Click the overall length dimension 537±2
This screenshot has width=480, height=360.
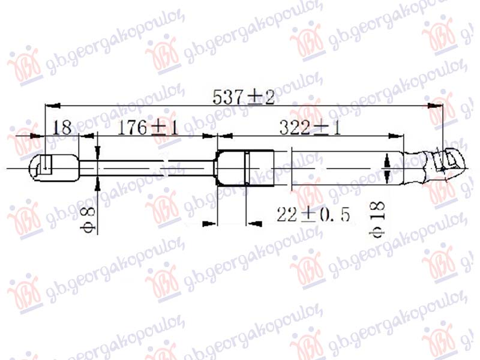[244, 97]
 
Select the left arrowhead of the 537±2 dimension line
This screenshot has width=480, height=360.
[52, 106]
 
